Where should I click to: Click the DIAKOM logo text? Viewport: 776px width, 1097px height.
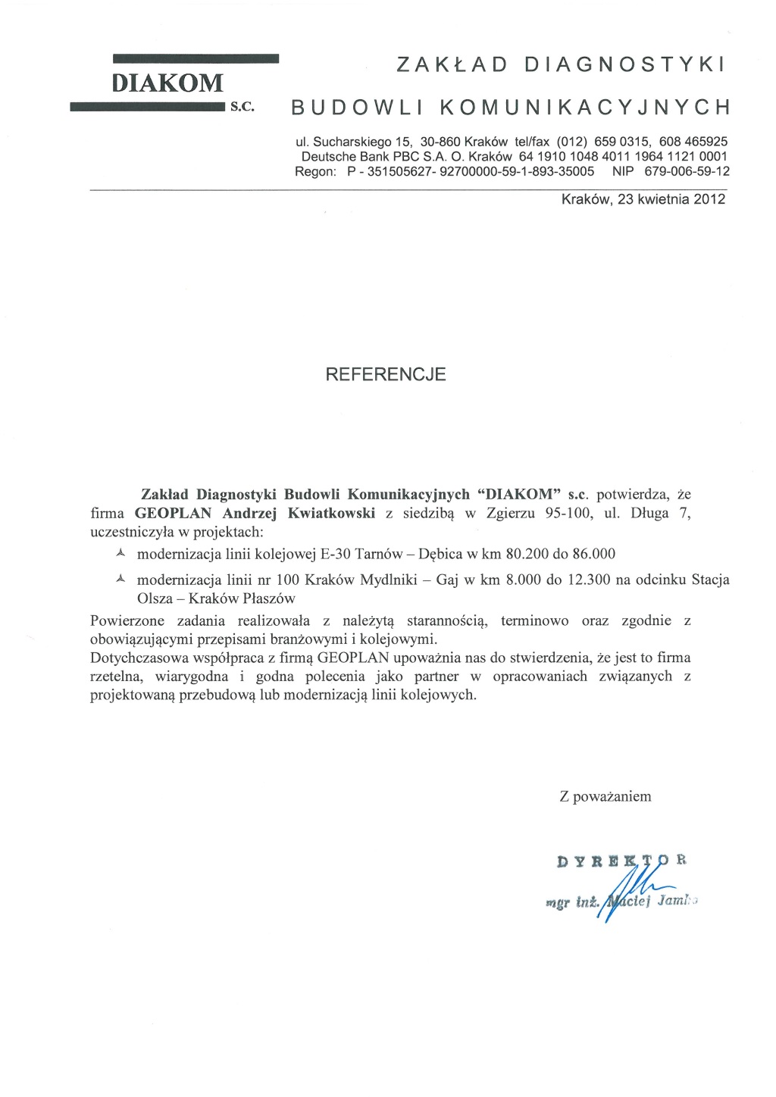tap(167, 83)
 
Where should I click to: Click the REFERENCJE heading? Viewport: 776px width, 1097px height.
tap(386, 374)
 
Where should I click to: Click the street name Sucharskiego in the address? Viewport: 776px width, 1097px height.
tap(349, 142)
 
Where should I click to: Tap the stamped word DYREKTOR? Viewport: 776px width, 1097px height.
tap(621, 861)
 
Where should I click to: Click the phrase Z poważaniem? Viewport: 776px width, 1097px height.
tap(605, 796)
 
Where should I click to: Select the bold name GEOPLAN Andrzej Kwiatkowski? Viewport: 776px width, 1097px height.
tap(255, 513)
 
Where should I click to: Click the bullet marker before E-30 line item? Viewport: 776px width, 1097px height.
tap(120, 554)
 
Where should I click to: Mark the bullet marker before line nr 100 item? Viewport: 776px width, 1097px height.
tap(120, 580)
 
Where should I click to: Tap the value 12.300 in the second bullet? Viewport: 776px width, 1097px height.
tap(589, 580)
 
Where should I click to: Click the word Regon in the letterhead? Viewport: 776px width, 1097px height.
tap(314, 171)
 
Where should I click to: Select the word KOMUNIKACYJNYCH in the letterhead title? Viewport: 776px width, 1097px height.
tap(586, 107)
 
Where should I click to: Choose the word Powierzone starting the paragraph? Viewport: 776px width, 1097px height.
tap(127, 620)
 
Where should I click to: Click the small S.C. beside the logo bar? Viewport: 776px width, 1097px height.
tap(242, 108)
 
